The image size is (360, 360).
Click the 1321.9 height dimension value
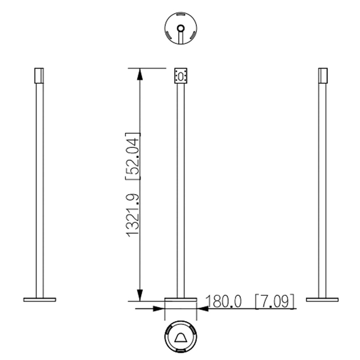pos(133,215)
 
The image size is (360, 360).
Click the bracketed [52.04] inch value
pos(133,156)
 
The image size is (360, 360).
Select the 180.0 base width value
pos(224,301)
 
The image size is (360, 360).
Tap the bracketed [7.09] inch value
pos(274,301)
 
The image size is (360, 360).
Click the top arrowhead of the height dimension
pos(140,74)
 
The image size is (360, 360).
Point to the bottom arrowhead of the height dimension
pos(140,295)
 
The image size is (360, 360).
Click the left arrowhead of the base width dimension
pos(159,309)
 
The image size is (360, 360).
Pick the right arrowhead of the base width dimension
pos(202,309)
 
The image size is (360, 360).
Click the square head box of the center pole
pos(181,76)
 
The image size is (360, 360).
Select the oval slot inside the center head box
pos(181,76)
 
